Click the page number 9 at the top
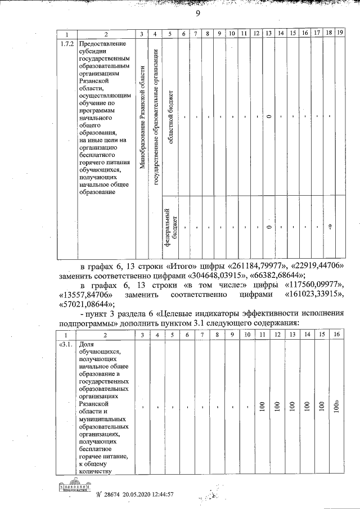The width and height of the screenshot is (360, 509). tap(198, 15)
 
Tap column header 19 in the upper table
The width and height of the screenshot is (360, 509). tap(340, 34)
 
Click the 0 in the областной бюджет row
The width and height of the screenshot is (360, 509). tap(269, 117)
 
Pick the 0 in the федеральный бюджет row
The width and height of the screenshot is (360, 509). tap(269, 227)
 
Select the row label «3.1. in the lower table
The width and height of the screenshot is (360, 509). tap(66, 344)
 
